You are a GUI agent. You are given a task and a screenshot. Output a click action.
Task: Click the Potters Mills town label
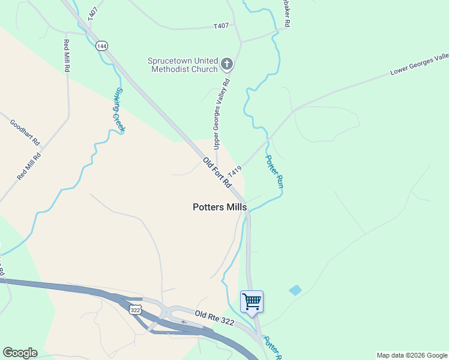tap(220, 207)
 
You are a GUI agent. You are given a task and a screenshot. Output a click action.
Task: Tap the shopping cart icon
tap(252, 301)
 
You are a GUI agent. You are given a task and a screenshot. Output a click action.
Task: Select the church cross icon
tap(227, 63)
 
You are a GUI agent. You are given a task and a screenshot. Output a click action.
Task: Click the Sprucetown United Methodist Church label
tap(183, 65)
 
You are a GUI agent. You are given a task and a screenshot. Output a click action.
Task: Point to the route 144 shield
tap(101, 46)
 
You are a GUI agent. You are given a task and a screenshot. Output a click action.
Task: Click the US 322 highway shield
tap(135, 309)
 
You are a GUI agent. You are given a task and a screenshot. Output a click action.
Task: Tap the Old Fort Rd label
tap(217, 173)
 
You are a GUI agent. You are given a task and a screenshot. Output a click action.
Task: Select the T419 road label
tap(234, 171)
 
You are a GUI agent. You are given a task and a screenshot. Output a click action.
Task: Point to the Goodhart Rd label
tap(25, 133)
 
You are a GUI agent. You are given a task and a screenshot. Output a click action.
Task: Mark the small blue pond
tap(295, 290)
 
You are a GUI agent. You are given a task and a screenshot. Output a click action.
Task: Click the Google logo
tap(20, 353)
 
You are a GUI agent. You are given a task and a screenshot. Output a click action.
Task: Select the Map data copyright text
tap(411, 355)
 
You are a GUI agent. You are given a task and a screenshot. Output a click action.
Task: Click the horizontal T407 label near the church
tap(221, 26)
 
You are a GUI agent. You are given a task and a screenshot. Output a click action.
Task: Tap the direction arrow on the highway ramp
tap(184, 322)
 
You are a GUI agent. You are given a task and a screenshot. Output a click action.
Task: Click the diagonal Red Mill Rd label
tap(29, 167)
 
